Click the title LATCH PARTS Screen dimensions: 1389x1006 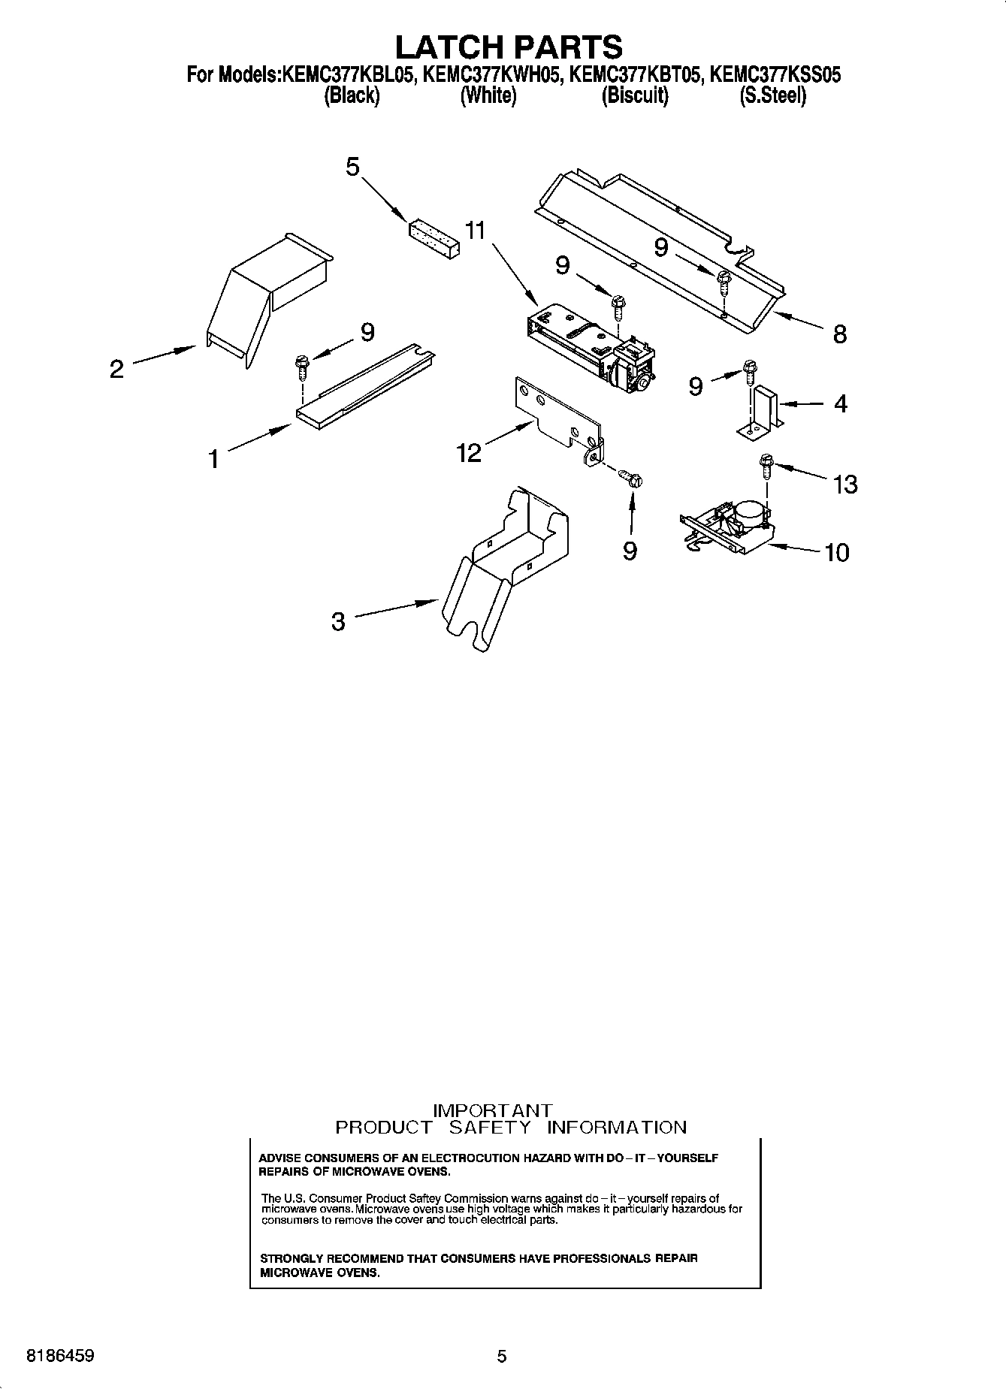pyautogui.click(x=509, y=47)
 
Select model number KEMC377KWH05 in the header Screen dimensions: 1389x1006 pyautogui.click(x=491, y=75)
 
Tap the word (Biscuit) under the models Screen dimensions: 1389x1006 pyautogui.click(x=634, y=96)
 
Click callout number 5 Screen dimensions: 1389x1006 pyautogui.click(x=352, y=167)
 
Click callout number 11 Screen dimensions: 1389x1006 pyautogui.click(x=475, y=230)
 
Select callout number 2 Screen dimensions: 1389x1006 pyautogui.click(x=116, y=369)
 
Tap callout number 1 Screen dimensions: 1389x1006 pyautogui.click(x=214, y=458)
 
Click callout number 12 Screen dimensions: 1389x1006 pyautogui.click(x=469, y=452)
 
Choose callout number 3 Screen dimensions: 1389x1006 pyautogui.click(x=338, y=621)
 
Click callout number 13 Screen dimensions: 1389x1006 pyautogui.click(x=845, y=485)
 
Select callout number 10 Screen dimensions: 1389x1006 pyautogui.click(x=836, y=553)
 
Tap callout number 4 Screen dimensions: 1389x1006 pyautogui.click(x=840, y=404)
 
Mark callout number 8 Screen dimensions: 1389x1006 pyautogui.click(x=839, y=334)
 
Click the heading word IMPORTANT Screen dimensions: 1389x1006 pyautogui.click(x=493, y=1110)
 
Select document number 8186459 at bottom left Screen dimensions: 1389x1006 pyautogui.click(x=60, y=1356)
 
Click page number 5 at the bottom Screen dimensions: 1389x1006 pyautogui.click(x=502, y=1356)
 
